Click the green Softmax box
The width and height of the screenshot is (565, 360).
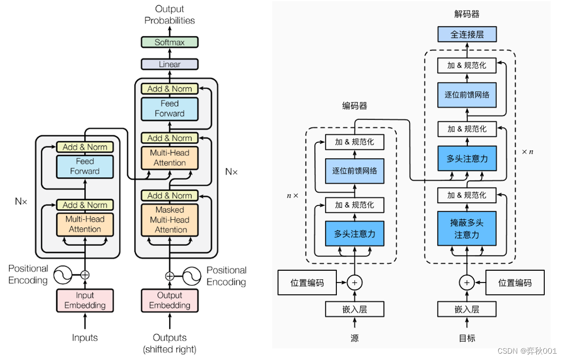pos(170,42)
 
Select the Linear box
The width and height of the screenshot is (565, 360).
pos(170,64)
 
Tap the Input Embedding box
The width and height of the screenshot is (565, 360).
pos(85,300)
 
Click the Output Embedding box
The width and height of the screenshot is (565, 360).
pos(170,300)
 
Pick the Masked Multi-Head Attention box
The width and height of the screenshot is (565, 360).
pos(170,220)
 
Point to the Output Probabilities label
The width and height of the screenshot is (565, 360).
pos(170,15)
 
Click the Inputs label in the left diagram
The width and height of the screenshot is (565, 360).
pos(85,338)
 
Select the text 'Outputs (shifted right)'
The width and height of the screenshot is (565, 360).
pos(170,343)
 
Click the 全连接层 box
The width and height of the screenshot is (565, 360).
pos(467,35)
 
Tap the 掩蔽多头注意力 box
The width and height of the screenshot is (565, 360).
pos(467,228)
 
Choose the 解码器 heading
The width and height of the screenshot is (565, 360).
pos(467,14)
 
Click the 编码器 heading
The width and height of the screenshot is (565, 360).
pos(354,106)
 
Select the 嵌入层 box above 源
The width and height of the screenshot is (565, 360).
pos(354,309)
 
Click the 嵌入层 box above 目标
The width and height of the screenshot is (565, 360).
pos(467,309)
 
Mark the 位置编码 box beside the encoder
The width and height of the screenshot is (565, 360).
pos(307,283)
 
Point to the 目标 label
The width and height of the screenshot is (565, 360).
pos(467,338)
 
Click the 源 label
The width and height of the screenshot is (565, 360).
pos(354,338)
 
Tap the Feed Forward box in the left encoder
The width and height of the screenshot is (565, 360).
pos(85,166)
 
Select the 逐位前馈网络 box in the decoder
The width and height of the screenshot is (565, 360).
pos(467,95)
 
